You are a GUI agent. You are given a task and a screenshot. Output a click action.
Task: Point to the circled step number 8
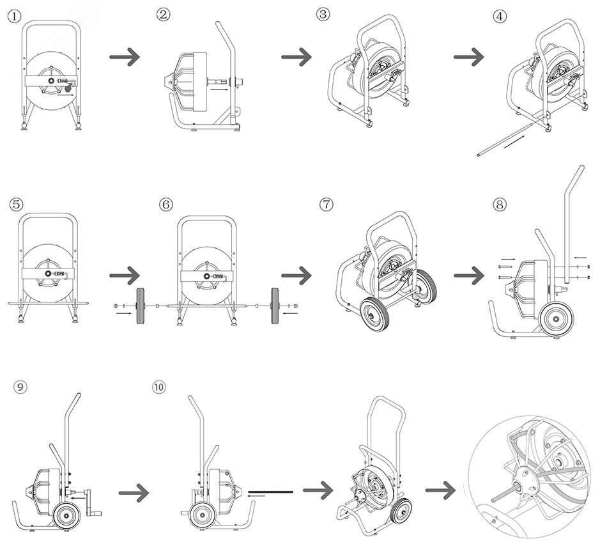click(x=500, y=205)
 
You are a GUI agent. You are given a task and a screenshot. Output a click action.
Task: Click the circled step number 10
click(x=158, y=387)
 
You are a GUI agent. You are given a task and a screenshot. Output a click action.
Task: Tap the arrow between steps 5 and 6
click(x=125, y=276)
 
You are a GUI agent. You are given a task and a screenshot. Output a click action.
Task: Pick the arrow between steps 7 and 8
click(x=469, y=276)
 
